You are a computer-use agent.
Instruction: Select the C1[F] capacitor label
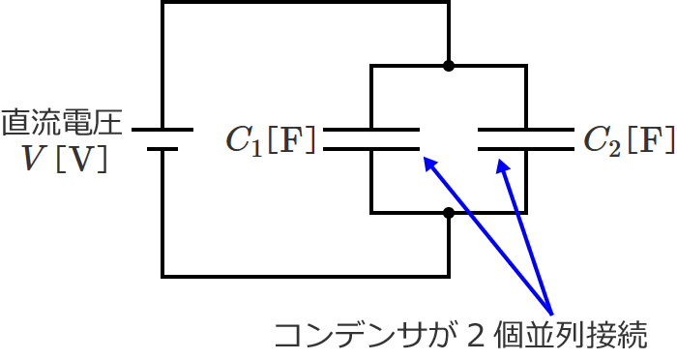pos(270,141)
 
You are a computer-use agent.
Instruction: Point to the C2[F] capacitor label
pos(628,141)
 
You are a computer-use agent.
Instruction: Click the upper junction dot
pos(448,66)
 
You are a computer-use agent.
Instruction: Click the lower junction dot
pos(448,213)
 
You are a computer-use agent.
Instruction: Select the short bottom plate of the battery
pos(162,150)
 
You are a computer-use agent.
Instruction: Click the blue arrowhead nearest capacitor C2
pos(503,165)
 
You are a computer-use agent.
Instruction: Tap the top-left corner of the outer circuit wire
pos(162,3)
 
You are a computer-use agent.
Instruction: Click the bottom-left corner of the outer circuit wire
pos(162,276)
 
